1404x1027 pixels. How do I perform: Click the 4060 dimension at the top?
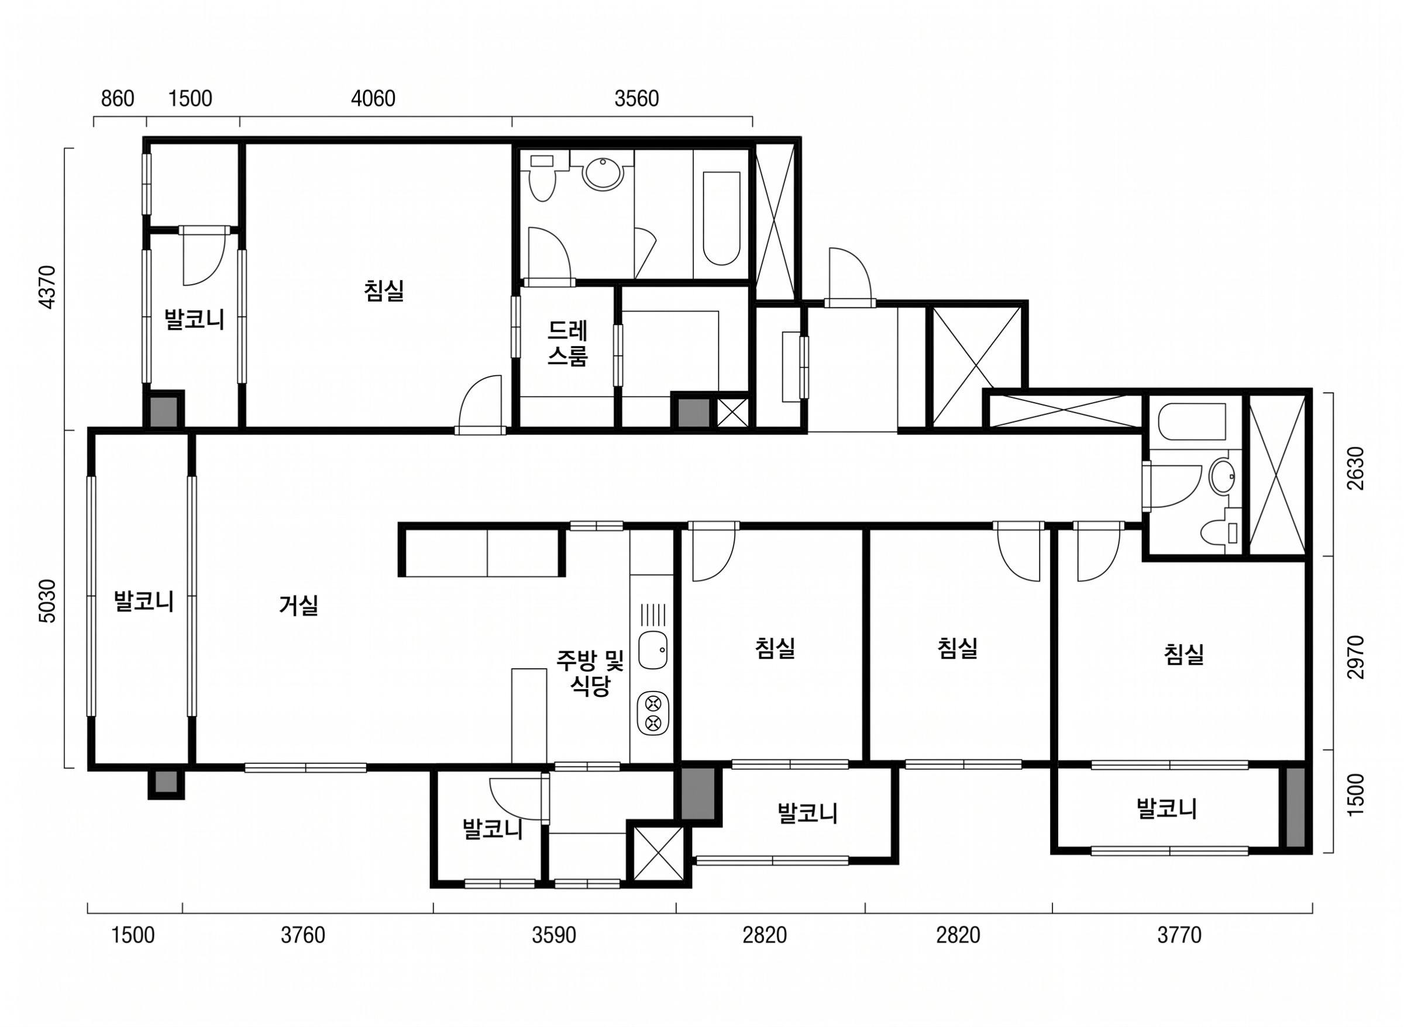pyautogui.click(x=373, y=99)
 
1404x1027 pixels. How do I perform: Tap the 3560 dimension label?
pyautogui.click(x=636, y=99)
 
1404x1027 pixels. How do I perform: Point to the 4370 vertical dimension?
pyautogui.click(x=48, y=287)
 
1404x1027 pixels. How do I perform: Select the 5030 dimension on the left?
pyautogui.click(x=48, y=600)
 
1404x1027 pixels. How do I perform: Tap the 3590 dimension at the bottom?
pyautogui.click(x=553, y=935)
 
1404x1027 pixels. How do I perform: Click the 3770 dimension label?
pyautogui.click(x=1179, y=935)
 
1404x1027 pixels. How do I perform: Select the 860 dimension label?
pyautogui.click(x=118, y=99)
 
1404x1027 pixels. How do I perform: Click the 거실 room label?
pyautogui.click(x=298, y=605)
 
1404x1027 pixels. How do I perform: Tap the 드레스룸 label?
pyautogui.click(x=568, y=343)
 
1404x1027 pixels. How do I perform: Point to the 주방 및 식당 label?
pyautogui.click(x=590, y=673)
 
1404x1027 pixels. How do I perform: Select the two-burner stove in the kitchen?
pyautogui.click(x=652, y=713)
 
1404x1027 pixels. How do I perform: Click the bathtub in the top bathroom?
pyautogui.click(x=721, y=218)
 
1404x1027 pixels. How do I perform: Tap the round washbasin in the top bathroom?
pyautogui.click(x=602, y=174)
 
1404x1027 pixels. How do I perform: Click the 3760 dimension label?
pyautogui.click(x=303, y=935)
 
